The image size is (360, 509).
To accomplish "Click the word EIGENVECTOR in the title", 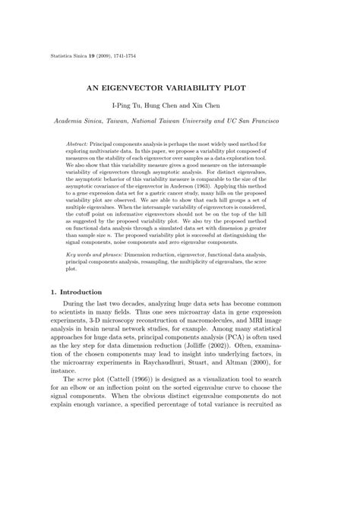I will (160, 88).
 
